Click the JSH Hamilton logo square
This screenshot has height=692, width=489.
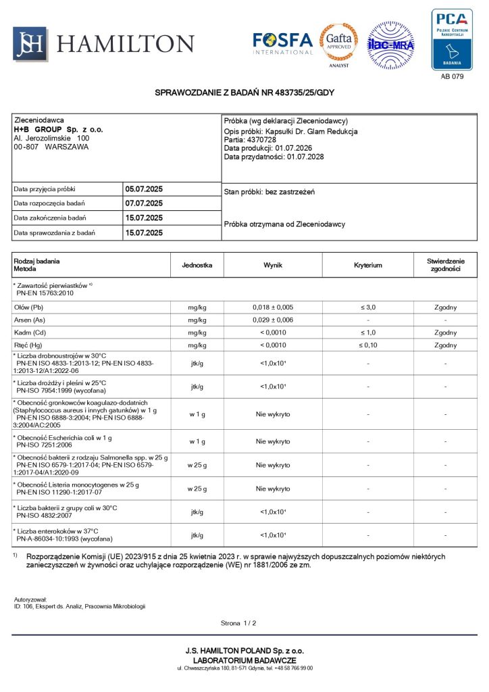click(x=30, y=43)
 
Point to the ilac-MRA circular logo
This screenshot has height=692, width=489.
click(x=390, y=45)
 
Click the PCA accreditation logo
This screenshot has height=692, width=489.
click(x=452, y=39)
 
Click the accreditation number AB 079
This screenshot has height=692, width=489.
click(x=452, y=76)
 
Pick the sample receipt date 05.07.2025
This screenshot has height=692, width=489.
click(x=144, y=189)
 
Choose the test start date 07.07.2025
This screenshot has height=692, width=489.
click(x=144, y=203)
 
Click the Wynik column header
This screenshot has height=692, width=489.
click(x=273, y=265)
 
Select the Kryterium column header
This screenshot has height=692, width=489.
click(x=367, y=265)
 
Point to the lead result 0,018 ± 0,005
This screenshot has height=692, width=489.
click(x=273, y=307)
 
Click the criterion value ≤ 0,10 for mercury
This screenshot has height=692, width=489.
click(x=368, y=345)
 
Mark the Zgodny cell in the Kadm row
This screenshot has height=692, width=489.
click(x=445, y=332)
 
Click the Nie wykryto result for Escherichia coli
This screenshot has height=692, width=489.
click(x=273, y=441)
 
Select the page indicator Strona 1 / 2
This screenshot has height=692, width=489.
click(x=238, y=622)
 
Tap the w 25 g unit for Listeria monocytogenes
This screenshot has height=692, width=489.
click(x=197, y=489)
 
